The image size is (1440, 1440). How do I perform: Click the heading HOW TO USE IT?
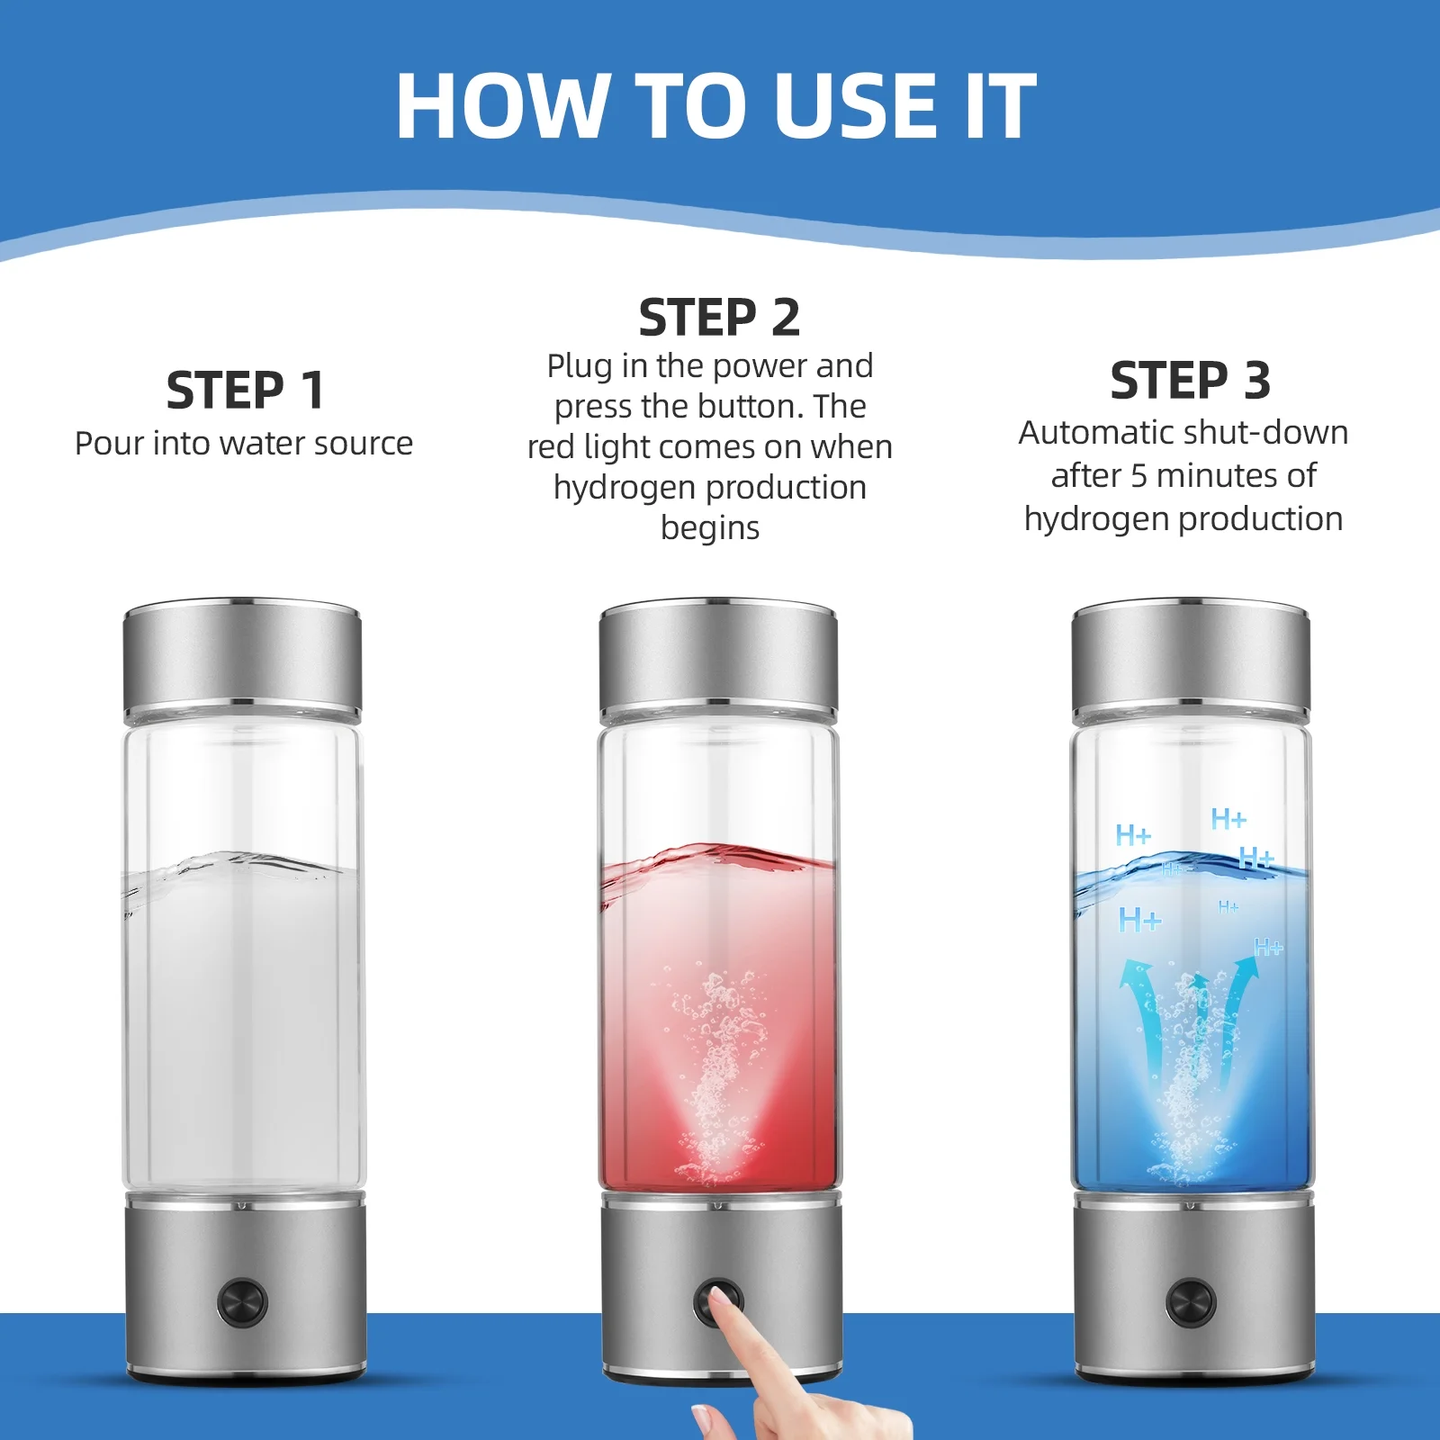pos(716,105)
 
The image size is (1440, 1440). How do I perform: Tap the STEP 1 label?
pos(245,391)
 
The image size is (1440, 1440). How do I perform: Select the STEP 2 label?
pos(719,318)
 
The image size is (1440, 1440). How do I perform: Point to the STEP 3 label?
pos(1190,381)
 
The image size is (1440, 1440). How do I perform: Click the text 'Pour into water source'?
pos(244,444)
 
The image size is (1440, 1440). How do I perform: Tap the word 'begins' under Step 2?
pos(710,528)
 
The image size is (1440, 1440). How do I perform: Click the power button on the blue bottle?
pos(1190,1302)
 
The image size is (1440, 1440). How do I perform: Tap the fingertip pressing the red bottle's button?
pos(719,1299)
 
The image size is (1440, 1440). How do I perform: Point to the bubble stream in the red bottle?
pos(717,1071)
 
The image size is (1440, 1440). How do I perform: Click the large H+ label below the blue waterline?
pos(1139,920)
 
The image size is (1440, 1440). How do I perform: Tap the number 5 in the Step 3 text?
pos(1138,476)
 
